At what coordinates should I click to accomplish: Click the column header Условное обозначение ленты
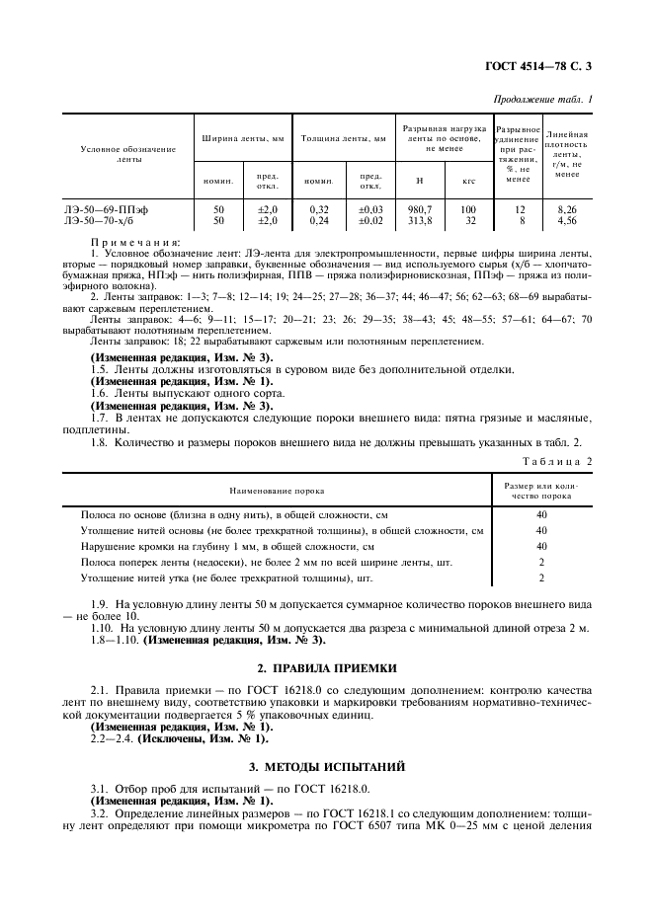[128, 153]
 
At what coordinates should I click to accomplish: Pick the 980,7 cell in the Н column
[420, 209]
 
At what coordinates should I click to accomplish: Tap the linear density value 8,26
[567, 209]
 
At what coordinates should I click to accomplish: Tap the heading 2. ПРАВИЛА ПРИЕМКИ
[327, 667]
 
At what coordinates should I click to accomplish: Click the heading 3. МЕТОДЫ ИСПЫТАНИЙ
[327, 765]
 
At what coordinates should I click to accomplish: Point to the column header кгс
[468, 181]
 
